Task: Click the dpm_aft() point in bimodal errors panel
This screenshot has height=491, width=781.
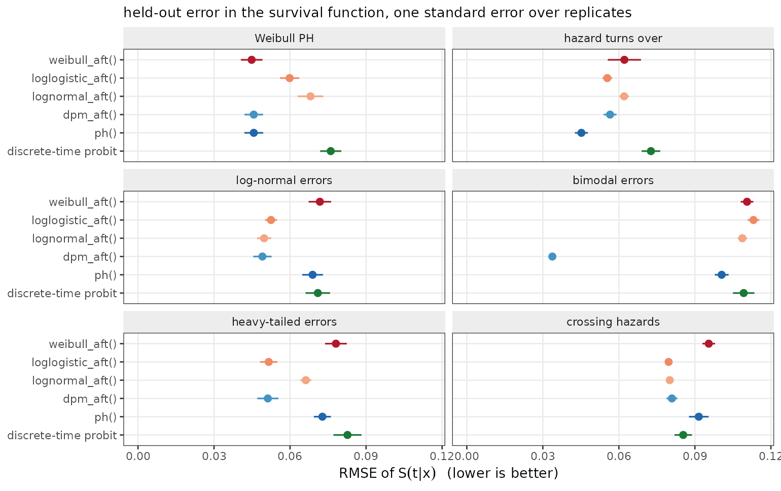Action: tap(552, 257)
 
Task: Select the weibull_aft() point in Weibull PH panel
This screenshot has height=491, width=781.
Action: tap(252, 60)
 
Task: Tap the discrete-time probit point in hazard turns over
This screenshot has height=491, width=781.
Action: tap(651, 151)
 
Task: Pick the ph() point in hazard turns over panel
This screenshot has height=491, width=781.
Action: tap(581, 133)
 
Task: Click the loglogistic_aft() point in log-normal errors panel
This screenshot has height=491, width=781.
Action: tap(271, 220)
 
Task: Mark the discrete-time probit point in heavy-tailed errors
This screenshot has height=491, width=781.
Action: tap(347, 435)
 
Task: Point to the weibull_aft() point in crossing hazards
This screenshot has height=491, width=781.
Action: tap(708, 344)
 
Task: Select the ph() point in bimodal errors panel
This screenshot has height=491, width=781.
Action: tap(722, 275)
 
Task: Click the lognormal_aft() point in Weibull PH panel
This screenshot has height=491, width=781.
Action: tap(310, 96)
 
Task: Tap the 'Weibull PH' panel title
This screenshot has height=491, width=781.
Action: tap(284, 39)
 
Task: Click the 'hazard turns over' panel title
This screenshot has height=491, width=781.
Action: tap(613, 39)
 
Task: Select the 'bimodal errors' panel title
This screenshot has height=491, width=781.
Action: tap(613, 180)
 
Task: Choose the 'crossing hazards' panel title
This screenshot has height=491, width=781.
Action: tap(613, 322)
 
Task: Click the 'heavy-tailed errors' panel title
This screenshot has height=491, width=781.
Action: tap(284, 322)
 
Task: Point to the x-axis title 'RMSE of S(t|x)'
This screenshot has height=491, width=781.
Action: tap(387, 473)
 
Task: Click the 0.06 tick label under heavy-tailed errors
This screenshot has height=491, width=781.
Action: tap(290, 456)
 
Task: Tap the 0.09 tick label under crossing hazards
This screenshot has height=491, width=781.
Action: tap(695, 456)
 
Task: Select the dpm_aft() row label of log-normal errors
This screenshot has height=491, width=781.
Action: tap(90, 257)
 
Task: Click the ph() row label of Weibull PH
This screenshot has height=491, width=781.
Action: tap(105, 133)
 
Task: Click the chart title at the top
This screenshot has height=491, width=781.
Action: tap(378, 13)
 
